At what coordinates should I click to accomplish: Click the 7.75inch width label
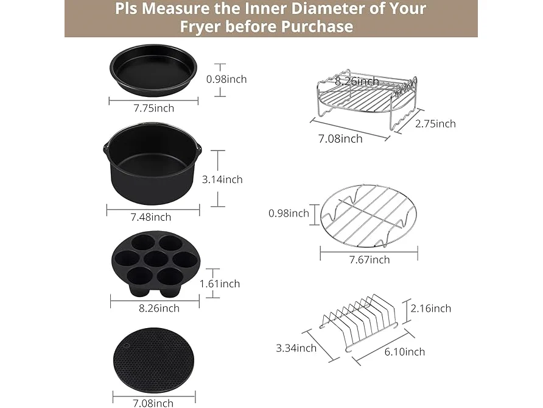coord(154,108)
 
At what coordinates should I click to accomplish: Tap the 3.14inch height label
coord(222,179)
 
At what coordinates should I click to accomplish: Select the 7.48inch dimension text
coord(150,217)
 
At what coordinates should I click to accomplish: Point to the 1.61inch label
coord(220,284)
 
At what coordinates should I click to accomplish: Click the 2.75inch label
coord(435,124)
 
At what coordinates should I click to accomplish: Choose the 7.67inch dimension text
coord(370,260)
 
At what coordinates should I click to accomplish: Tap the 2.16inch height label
coord(431,309)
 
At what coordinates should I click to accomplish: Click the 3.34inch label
coord(296,348)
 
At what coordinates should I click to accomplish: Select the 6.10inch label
coord(404,352)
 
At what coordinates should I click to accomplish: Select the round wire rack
coord(368,215)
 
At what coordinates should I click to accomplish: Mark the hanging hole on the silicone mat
coord(127,345)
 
